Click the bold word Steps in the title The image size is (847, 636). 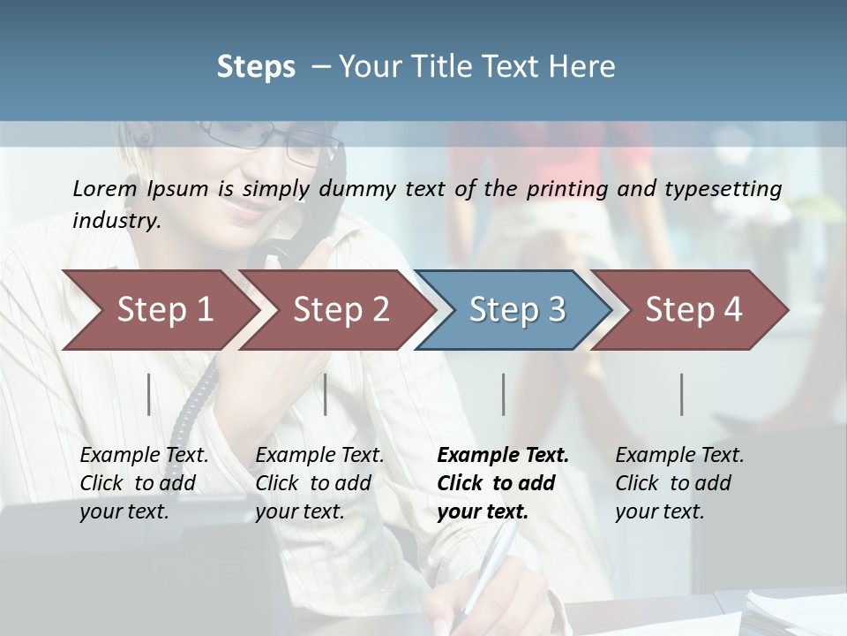(x=256, y=67)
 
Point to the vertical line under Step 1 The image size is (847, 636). (x=149, y=394)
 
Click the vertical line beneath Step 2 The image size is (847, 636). (x=326, y=394)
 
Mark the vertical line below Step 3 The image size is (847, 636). (x=503, y=394)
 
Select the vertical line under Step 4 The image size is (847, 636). (x=682, y=394)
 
